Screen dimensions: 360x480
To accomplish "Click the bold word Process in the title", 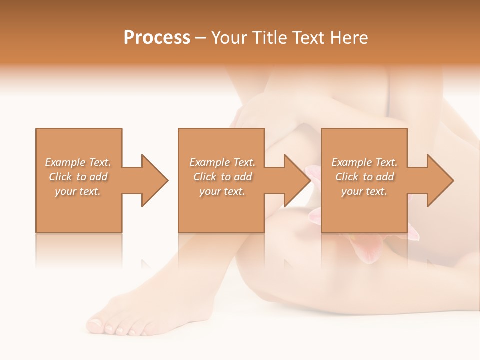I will click(157, 38).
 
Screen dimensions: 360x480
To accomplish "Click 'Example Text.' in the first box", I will click(78, 162).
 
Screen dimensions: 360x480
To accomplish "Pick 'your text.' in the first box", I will click(78, 191).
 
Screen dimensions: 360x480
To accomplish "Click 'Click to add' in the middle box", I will click(222, 177).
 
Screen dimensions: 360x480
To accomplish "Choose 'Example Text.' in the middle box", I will click(222, 162).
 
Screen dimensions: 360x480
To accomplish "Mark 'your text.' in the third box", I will click(364, 191).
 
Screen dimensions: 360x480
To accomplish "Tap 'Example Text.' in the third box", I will click(364, 162).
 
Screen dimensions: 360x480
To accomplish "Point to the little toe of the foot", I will click(144, 333).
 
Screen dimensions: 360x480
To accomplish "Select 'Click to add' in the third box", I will click(364, 177).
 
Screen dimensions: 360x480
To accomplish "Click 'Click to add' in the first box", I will click(78, 177).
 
